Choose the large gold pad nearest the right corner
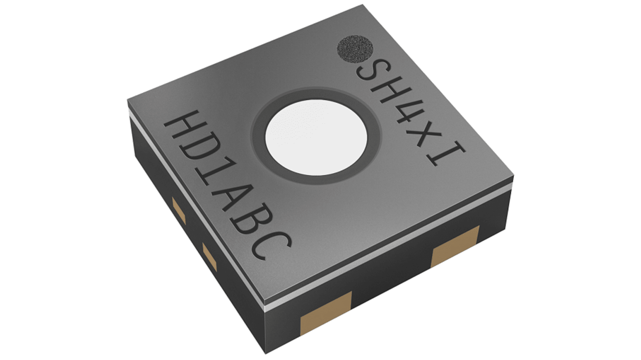pyautogui.click(x=455, y=245)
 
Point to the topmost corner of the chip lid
pyautogui.click(x=362, y=6)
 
